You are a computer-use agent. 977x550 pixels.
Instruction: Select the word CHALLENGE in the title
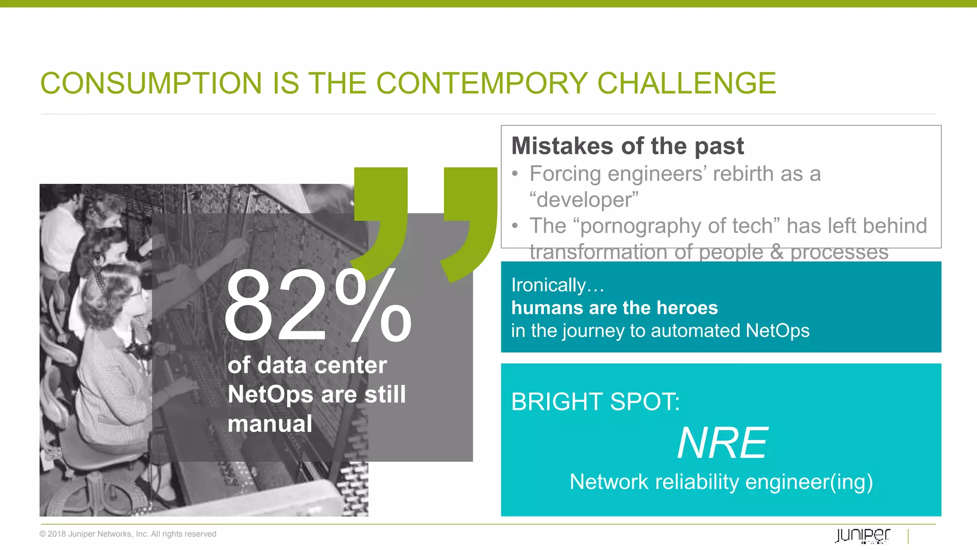pyautogui.click(x=686, y=83)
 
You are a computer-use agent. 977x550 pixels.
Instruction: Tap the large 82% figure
pyautogui.click(x=317, y=306)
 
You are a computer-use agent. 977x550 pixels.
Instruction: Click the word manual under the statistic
pyautogui.click(x=270, y=423)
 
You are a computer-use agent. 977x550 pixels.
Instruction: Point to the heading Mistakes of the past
pyautogui.click(x=627, y=146)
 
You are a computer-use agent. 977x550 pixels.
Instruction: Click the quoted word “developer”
pyautogui.click(x=584, y=200)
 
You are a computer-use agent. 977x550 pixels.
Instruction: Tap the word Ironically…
pyautogui.click(x=557, y=285)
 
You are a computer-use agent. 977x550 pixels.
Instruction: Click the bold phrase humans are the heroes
pyautogui.click(x=614, y=308)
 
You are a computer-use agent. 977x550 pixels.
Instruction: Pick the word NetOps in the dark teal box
pyautogui.click(x=778, y=330)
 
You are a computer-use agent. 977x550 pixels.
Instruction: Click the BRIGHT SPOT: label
pyautogui.click(x=595, y=402)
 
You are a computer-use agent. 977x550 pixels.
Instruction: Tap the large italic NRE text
pyautogui.click(x=721, y=443)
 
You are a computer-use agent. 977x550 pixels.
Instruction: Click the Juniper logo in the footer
pyautogui.click(x=863, y=535)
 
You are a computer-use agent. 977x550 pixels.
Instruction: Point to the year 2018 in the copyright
pyautogui.click(x=57, y=534)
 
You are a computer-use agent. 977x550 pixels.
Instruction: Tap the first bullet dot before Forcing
pyautogui.click(x=515, y=174)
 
